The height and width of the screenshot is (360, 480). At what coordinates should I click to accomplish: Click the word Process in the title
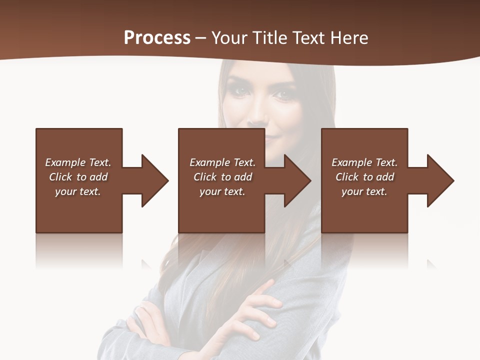[x=157, y=38]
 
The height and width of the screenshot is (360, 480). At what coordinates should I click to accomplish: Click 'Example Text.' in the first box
[x=78, y=162]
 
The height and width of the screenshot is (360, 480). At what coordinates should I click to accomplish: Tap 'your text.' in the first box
[x=78, y=191]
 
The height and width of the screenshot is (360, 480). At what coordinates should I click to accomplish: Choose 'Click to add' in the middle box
[x=222, y=177]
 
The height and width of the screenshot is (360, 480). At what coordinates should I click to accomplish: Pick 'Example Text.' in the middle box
[x=222, y=162]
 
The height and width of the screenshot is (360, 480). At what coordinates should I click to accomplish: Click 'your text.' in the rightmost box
[x=364, y=191]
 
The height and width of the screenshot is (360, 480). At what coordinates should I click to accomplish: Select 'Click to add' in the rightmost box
[x=364, y=177]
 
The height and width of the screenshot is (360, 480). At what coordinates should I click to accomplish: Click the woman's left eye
[x=284, y=93]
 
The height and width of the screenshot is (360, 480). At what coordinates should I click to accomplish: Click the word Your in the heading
[x=229, y=38]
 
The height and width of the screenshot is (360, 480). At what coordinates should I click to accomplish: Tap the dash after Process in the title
[x=201, y=38]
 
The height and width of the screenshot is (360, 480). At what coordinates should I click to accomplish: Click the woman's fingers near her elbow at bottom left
[x=142, y=320]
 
